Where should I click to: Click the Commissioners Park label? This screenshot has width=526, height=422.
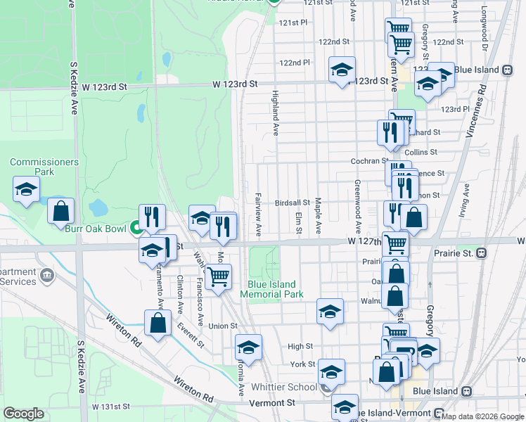(x=44, y=167)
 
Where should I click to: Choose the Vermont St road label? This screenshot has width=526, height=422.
(x=272, y=403)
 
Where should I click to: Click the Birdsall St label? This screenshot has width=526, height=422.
(x=293, y=202)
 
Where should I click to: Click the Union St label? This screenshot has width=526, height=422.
(x=222, y=326)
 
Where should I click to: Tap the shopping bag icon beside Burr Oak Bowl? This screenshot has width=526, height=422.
(x=61, y=212)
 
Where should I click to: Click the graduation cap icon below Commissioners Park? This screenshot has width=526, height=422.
(x=26, y=189)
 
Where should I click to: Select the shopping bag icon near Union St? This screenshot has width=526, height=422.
(x=158, y=324)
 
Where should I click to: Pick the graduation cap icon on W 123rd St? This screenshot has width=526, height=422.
(x=342, y=70)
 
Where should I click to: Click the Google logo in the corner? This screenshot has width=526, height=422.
(x=23, y=414)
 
